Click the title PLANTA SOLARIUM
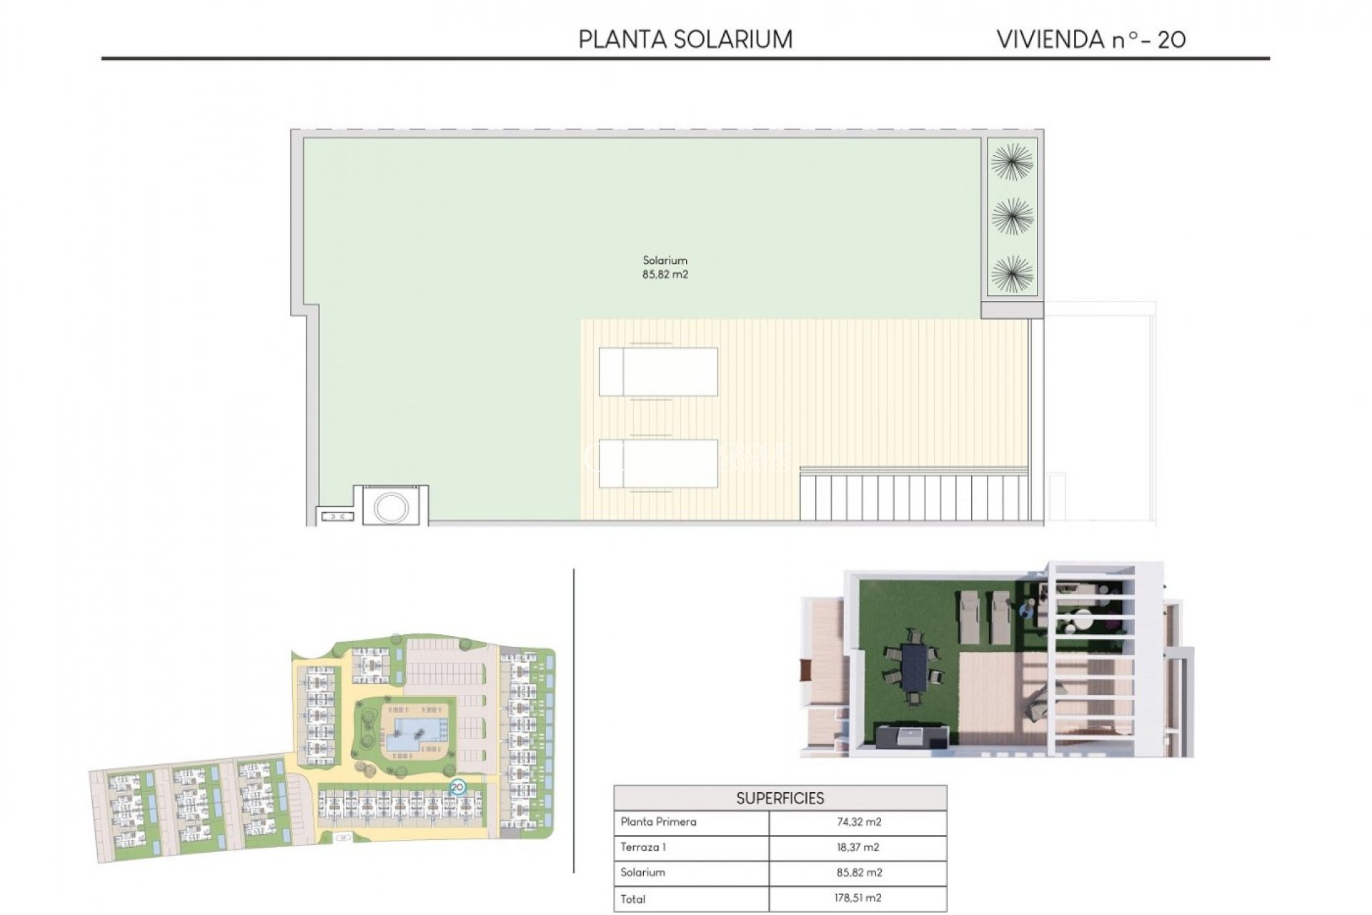pyautogui.click(x=685, y=39)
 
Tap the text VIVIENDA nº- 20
pyautogui.click(x=1090, y=39)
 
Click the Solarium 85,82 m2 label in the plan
pyautogui.click(x=665, y=267)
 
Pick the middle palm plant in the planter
pyautogui.click(x=1012, y=217)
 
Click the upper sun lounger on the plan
pyautogui.click(x=658, y=372)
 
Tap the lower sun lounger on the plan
pyautogui.click(x=658, y=464)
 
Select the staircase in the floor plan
pyautogui.click(x=914, y=496)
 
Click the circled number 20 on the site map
pyautogui.click(x=458, y=787)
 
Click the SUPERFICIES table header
pyautogui.click(x=780, y=798)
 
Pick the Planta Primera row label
pyautogui.click(x=658, y=822)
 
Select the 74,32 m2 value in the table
pyautogui.click(x=858, y=822)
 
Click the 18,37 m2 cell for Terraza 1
pyautogui.click(x=858, y=847)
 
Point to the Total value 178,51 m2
pyautogui.click(x=858, y=898)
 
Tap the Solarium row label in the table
pyautogui.click(x=642, y=872)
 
